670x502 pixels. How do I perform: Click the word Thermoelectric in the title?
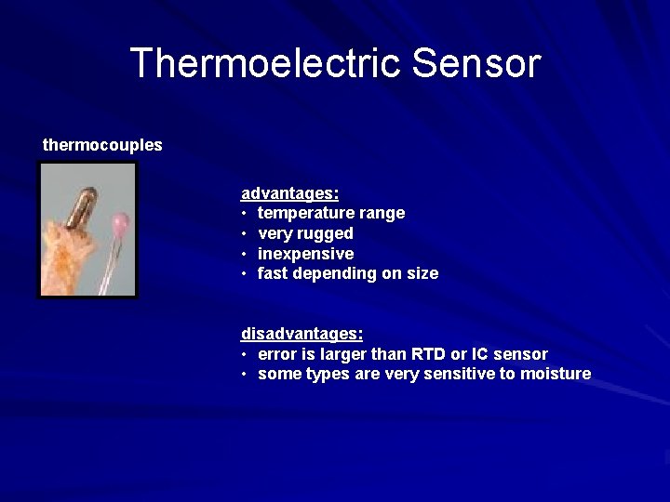pyautogui.click(x=265, y=63)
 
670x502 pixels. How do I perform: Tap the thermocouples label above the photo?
pyautogui.click(x=102, y=145)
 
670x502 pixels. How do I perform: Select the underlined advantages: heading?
pyautogui.click(x=289, y=193)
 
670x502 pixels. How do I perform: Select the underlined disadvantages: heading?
pyautogui.click(x=301, y=333)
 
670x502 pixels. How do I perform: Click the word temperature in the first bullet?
pyautogui.click(x=302, y=213)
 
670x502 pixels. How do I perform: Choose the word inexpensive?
pyautogui.click(x=305, y=254)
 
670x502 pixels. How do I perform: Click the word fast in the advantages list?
pyautogui.click(x=273, y=273)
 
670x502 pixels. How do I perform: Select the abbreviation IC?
pyautogui.click(x=480, y=354)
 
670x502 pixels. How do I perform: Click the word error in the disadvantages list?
pyautogui.click(x=276, y=354)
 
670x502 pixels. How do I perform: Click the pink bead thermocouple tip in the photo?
pyautogui.click(x=120, y=223)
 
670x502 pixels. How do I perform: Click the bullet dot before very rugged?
pyautogui.click(x=244, y=234)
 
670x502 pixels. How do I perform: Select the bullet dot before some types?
pyautogui.click(x=244, y=375)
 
